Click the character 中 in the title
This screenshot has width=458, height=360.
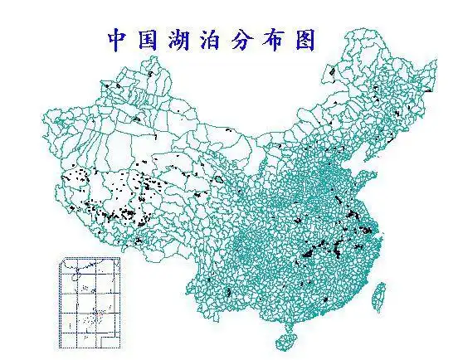point(118,40)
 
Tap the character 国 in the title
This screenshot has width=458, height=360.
point(149,40)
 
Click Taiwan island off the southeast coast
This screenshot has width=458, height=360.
point(378,295)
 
